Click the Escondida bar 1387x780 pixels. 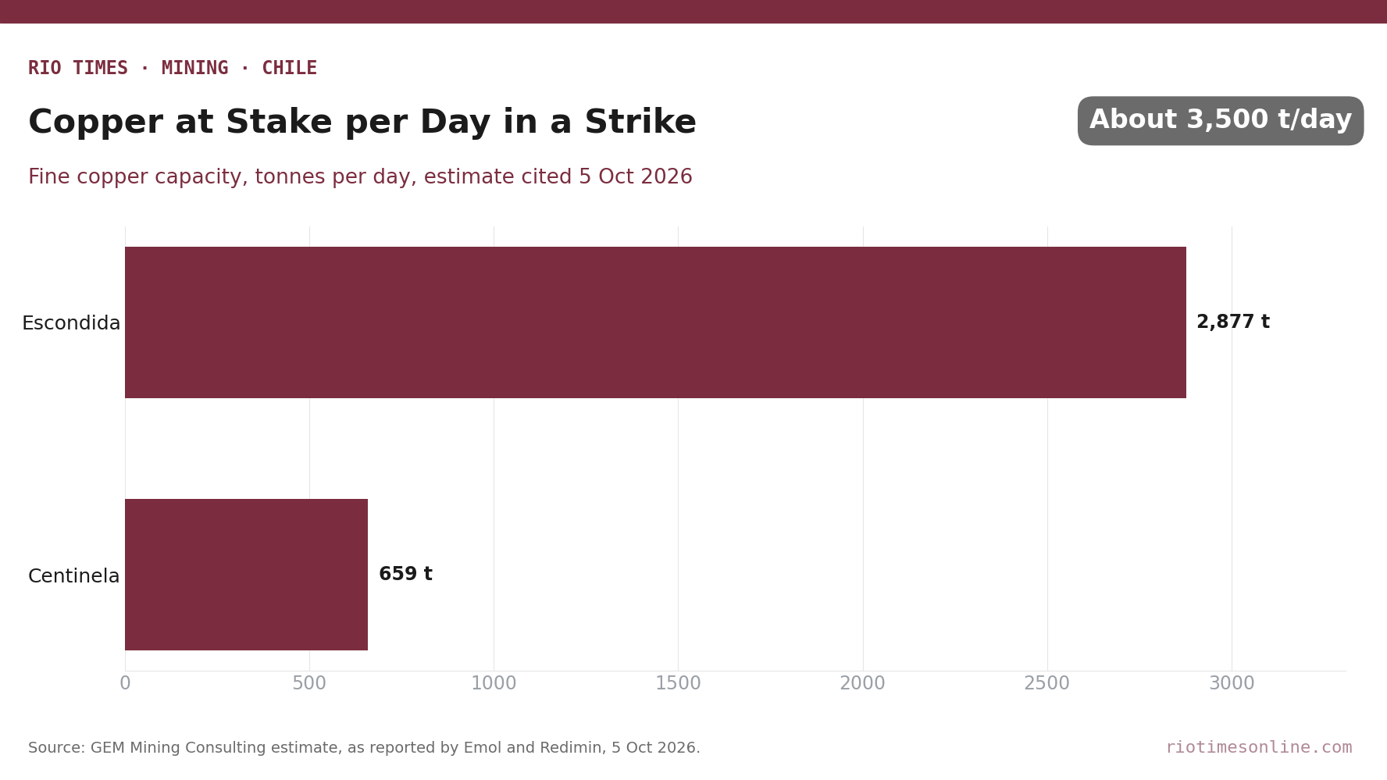(x=655, y=322)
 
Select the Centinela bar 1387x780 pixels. (x=246, y=575)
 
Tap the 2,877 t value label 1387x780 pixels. (x=1233, y=322)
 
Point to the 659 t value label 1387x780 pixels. (x=405, y=575)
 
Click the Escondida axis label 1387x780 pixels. (x=71, y=323)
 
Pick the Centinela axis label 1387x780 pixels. (x=74, y=576)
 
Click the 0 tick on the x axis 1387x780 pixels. (x=125, y=684)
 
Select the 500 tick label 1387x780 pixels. (x=309, y=684)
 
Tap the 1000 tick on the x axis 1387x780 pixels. (x=494, y=684)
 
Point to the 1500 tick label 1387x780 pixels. (x=678, y=684)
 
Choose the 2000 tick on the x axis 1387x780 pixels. (x=863, y=684)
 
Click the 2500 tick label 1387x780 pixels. (x=1047, y=684)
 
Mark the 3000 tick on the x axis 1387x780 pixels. (x=1232, y=684)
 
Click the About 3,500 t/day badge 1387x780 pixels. (x=1221, y=121)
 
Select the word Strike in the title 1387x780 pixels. (x=640, y=123)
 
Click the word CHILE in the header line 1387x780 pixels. (x=290, y=69)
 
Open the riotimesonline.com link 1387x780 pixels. (x=1259, y=748)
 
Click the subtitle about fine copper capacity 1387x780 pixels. (x=360, y=177)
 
